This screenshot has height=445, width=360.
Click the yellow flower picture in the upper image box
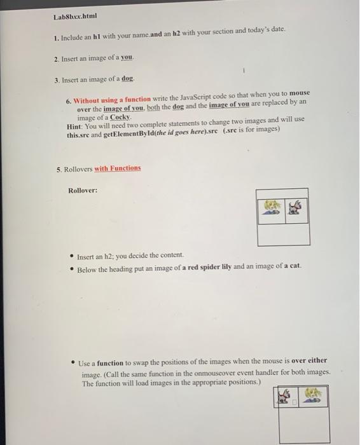point(270,208)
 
